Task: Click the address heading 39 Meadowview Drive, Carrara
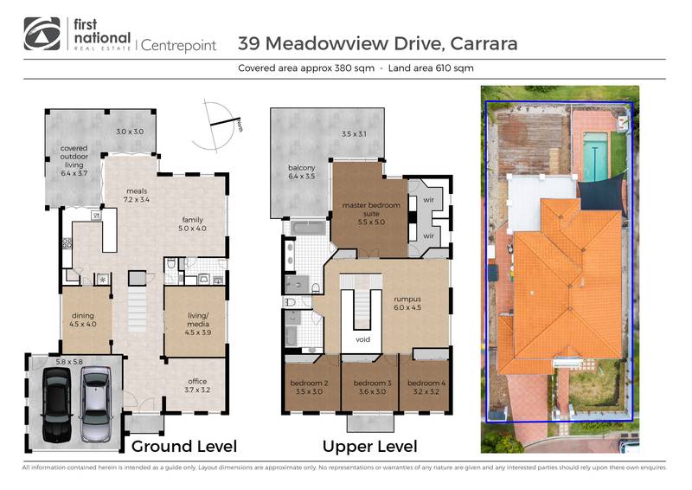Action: coord(377,43)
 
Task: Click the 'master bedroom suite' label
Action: coord(362,210)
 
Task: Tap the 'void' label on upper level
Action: coord(362,340)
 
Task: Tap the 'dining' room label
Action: coord(83,321)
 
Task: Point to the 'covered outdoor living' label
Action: coord(74,160)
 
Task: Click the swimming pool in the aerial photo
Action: coord(593,156)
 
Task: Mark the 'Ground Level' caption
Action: coord(183,447)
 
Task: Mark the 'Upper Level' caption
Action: coord(369,447)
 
